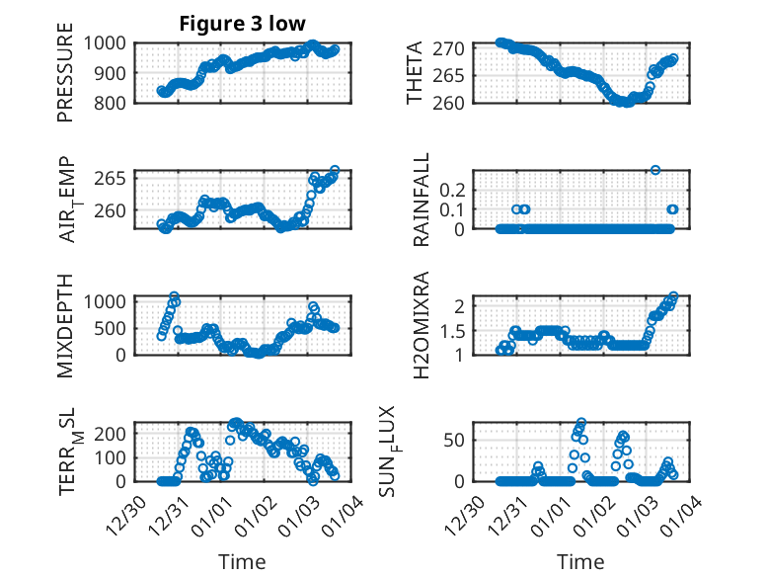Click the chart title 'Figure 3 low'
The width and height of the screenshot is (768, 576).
click(242, 23)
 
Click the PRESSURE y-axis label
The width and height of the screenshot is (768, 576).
click(66, 80)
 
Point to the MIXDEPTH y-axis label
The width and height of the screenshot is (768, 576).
click(66, 326)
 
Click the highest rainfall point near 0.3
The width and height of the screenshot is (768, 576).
click(654, 170)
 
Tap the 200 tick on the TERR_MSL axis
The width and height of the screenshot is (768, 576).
click(113, 433)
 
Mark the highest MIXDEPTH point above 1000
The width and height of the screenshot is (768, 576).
click(174, 296)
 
